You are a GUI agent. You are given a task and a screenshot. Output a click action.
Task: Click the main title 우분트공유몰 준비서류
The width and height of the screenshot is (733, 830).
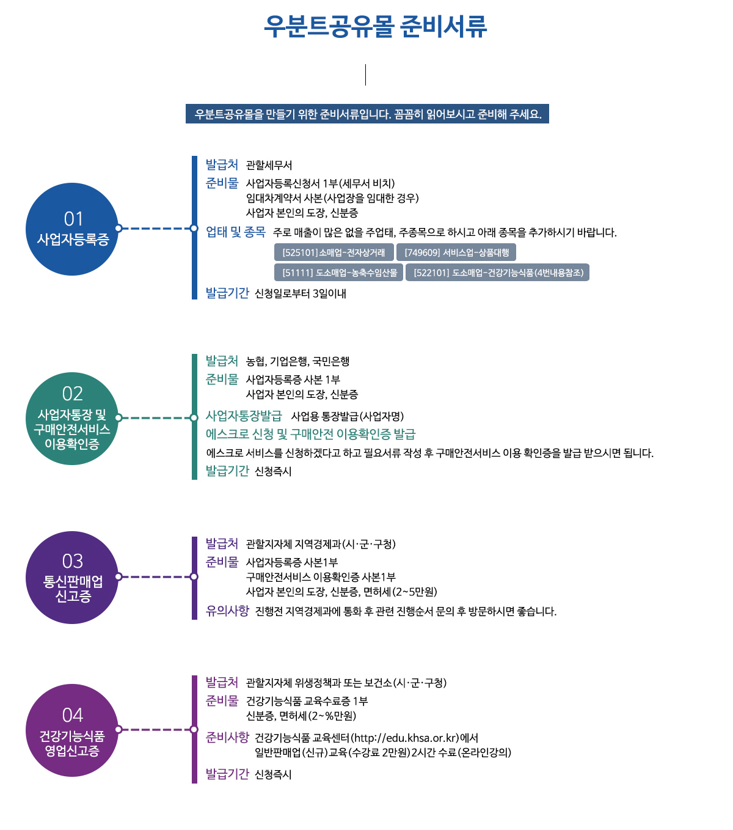(375, 26)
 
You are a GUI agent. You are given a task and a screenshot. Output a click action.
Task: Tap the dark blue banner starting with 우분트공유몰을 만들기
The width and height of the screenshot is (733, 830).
(367, 114)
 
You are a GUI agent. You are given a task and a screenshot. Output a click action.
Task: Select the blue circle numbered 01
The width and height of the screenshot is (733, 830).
(72, 229)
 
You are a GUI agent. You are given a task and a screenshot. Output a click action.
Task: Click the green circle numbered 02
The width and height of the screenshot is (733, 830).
(72, 418)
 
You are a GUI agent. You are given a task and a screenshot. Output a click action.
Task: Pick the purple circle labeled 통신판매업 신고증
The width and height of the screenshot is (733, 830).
(72, 577)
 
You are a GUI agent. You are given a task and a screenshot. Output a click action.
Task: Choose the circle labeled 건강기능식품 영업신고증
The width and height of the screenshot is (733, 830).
(72, 730)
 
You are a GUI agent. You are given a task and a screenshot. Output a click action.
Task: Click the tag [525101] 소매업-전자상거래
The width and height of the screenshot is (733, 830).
(334, 252)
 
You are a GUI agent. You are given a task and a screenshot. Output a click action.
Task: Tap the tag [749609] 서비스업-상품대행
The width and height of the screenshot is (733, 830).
(456, 252)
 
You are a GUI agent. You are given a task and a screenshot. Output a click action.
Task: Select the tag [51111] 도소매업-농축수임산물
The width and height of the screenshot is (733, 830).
(339, 273)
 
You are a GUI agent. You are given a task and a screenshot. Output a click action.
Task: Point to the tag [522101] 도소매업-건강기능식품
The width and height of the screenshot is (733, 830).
(498, 273)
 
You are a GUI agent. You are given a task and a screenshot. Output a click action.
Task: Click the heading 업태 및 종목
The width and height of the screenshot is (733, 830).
(235, 232)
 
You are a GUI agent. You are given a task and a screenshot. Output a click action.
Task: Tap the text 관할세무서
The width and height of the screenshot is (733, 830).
(269, 166)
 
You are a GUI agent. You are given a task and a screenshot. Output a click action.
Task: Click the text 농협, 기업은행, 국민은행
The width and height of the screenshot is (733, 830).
(297, 362)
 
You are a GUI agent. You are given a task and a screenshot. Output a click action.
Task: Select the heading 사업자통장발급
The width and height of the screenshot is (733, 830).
(244, 416)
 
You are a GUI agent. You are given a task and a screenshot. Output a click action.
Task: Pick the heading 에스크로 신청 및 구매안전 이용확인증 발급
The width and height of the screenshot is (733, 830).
(310, 435)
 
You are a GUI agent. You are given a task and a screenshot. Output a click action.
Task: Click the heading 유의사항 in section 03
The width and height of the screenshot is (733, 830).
(227, 611)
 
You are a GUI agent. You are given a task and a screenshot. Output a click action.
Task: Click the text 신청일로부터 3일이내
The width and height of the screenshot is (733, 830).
(300, 294)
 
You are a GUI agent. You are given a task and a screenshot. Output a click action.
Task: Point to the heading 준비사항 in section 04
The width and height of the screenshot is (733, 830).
(227, 738)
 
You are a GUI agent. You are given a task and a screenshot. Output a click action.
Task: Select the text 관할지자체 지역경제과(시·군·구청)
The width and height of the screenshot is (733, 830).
(321, 545)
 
